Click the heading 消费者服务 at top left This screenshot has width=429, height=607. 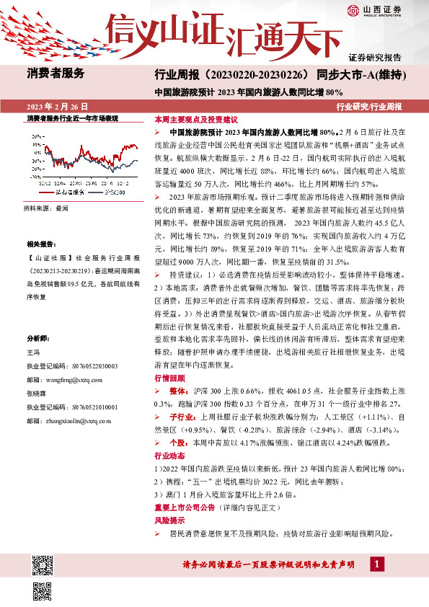click(56, 73)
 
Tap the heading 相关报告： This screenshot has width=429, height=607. click(41, 245)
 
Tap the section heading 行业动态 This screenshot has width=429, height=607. click(168, 456)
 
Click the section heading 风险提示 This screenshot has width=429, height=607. click(168, 520)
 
